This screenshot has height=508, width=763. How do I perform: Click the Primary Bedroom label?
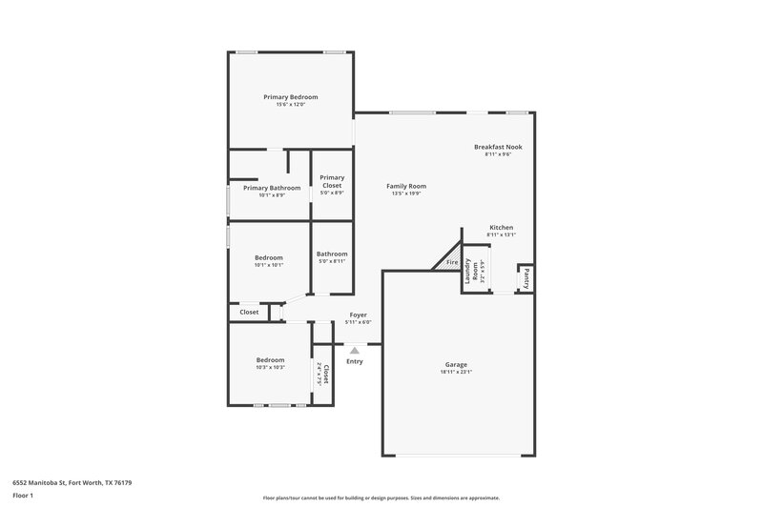coord(291,97)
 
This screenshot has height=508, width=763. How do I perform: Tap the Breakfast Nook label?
coord(498,147)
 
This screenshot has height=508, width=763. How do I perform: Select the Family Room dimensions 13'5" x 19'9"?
coord(406,193)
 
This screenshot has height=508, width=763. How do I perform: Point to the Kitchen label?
coord(502,228)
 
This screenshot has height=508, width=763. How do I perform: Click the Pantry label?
coord(526,279)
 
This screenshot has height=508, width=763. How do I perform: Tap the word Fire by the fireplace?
coord(452,262)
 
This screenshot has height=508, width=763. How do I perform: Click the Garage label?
coord(457,365)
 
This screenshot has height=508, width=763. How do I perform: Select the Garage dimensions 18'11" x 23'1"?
coord(457,373)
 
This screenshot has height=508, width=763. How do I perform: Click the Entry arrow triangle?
coord(355,351)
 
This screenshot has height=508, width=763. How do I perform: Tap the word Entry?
coord(355,361)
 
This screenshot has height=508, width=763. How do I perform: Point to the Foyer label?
coord(358,315)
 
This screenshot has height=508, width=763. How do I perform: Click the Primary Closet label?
coord(332,181)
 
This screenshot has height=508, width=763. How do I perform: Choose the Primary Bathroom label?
coord(272,188)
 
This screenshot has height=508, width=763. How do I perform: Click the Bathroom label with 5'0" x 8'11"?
coord(332,254)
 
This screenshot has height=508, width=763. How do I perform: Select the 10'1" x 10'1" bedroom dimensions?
coord(269,265)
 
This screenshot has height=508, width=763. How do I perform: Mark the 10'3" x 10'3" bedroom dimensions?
coord(270,367)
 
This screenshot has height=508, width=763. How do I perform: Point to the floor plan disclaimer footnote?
coord(381,498)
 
